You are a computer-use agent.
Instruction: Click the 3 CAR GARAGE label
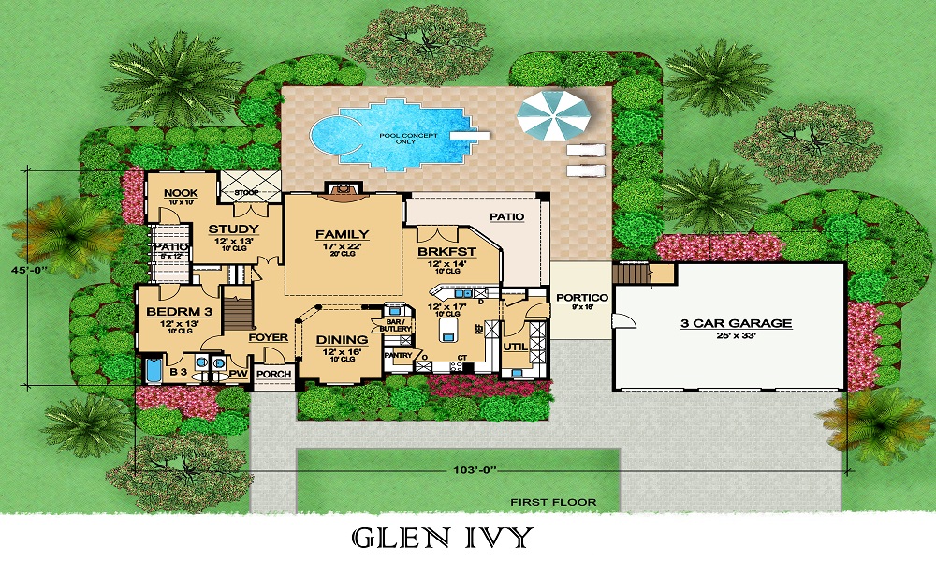736,324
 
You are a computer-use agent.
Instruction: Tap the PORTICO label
582,298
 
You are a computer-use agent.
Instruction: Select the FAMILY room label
342,235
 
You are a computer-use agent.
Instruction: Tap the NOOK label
180,193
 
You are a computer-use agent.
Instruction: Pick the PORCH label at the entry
273,375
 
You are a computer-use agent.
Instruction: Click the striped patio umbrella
555,115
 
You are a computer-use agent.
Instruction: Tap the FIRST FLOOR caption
553,503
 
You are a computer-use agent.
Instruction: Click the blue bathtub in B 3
153,373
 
